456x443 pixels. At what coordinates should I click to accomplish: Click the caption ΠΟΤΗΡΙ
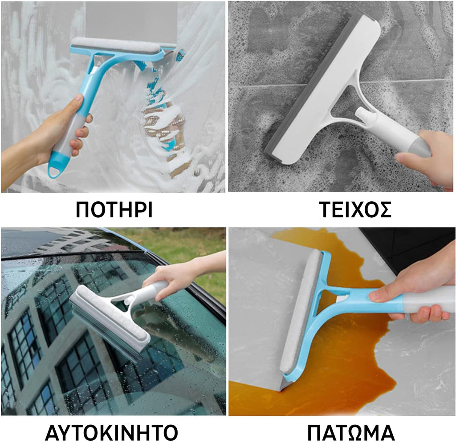tap(114, 209)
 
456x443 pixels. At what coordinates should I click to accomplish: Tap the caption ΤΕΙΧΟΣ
tap(355, 209)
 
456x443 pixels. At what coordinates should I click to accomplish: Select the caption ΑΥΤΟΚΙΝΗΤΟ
tap(111, 432)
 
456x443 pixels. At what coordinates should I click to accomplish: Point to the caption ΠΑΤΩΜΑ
tap(351, 432)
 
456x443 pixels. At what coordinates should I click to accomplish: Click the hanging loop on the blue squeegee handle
tap(55, 171)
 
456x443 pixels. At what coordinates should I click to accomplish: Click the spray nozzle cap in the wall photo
tap(363, 114)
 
